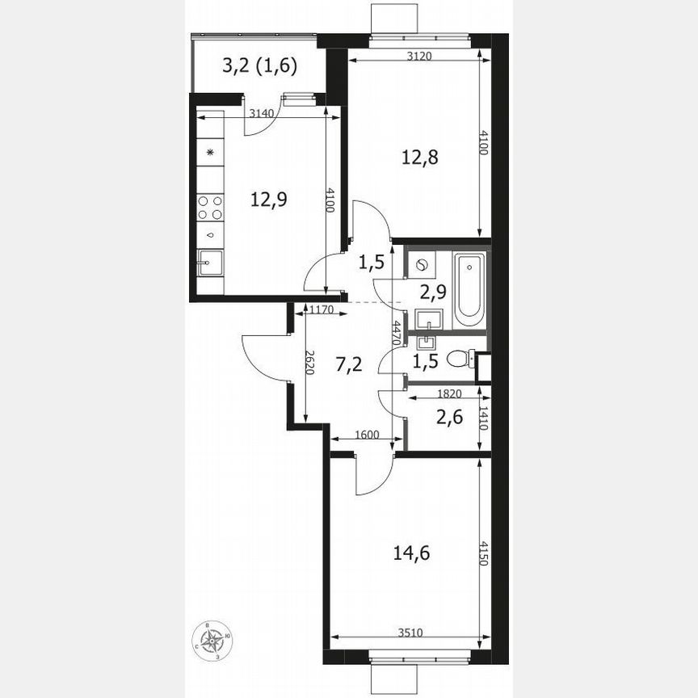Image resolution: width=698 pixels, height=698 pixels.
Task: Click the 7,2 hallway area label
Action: click(x=347, y=364)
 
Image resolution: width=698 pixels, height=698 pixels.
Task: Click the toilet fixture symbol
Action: click(x=460, y=357)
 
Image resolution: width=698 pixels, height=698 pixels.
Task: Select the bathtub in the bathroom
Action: click(x=469, y=291)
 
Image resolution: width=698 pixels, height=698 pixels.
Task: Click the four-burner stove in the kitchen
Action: click(x=212, y=208)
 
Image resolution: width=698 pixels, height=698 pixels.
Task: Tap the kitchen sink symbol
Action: click(x=212, y=262)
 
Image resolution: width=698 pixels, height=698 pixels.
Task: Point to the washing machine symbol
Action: click(x=423, y=263)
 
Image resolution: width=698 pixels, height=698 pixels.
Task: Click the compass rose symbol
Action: click(x=213, y=642)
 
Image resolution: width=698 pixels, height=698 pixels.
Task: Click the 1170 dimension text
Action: click(x=313, y=307)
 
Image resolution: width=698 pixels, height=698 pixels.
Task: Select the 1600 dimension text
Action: click(x=367, y=435)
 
